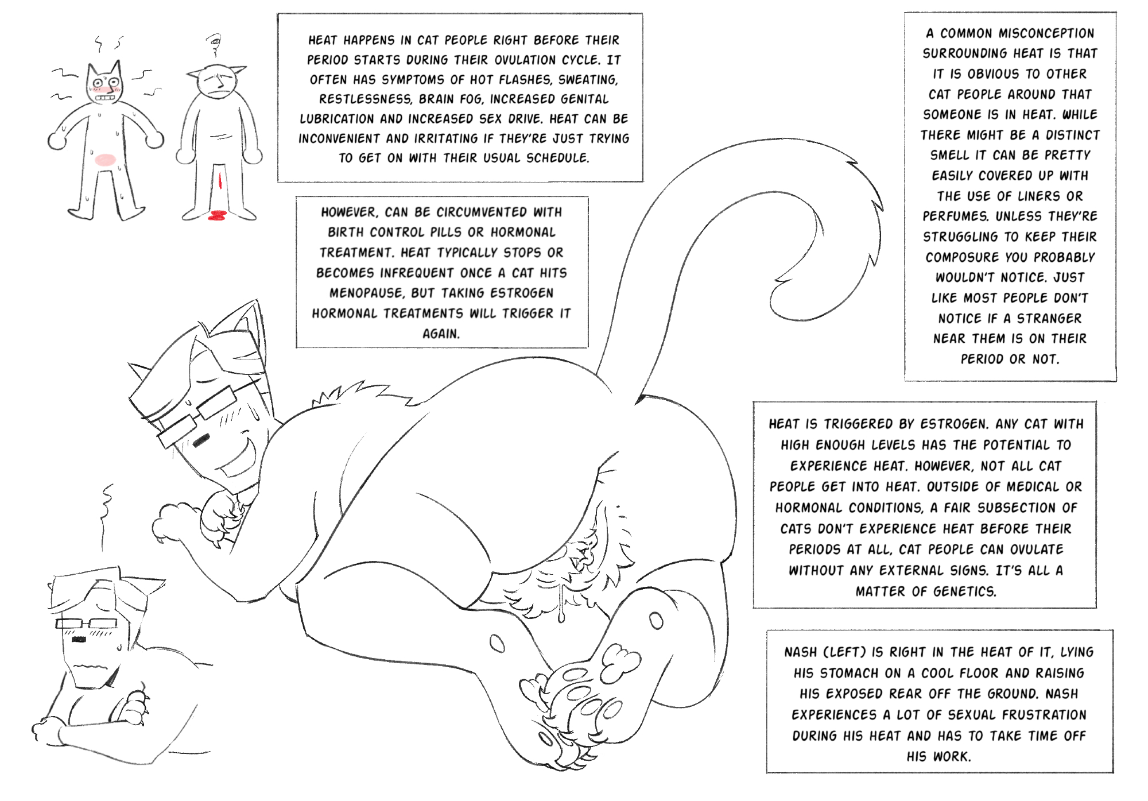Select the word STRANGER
(1049, 319)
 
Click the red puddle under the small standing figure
(217, 216)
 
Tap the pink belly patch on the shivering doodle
(105, 160)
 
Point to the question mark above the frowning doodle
(214, 45)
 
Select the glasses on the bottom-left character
(86, 624)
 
